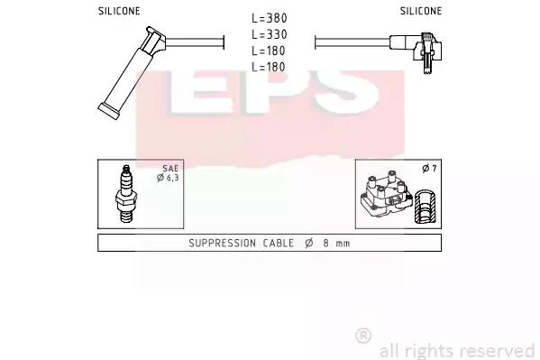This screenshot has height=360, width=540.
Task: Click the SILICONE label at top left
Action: pos(119,11)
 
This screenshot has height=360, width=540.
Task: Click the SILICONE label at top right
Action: pos(421,11)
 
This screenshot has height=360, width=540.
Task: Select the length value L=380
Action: pos(270,18)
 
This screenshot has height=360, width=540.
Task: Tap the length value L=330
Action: pos(270,34)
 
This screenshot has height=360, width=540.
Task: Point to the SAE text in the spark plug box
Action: pos(170,169)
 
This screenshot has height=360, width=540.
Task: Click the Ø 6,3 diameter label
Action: pos(168,178)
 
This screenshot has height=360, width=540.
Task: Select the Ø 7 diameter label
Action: pos(429,169)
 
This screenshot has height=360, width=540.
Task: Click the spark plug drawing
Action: pos(126,194)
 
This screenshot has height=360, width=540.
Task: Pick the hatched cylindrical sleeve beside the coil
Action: pos(426,206)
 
